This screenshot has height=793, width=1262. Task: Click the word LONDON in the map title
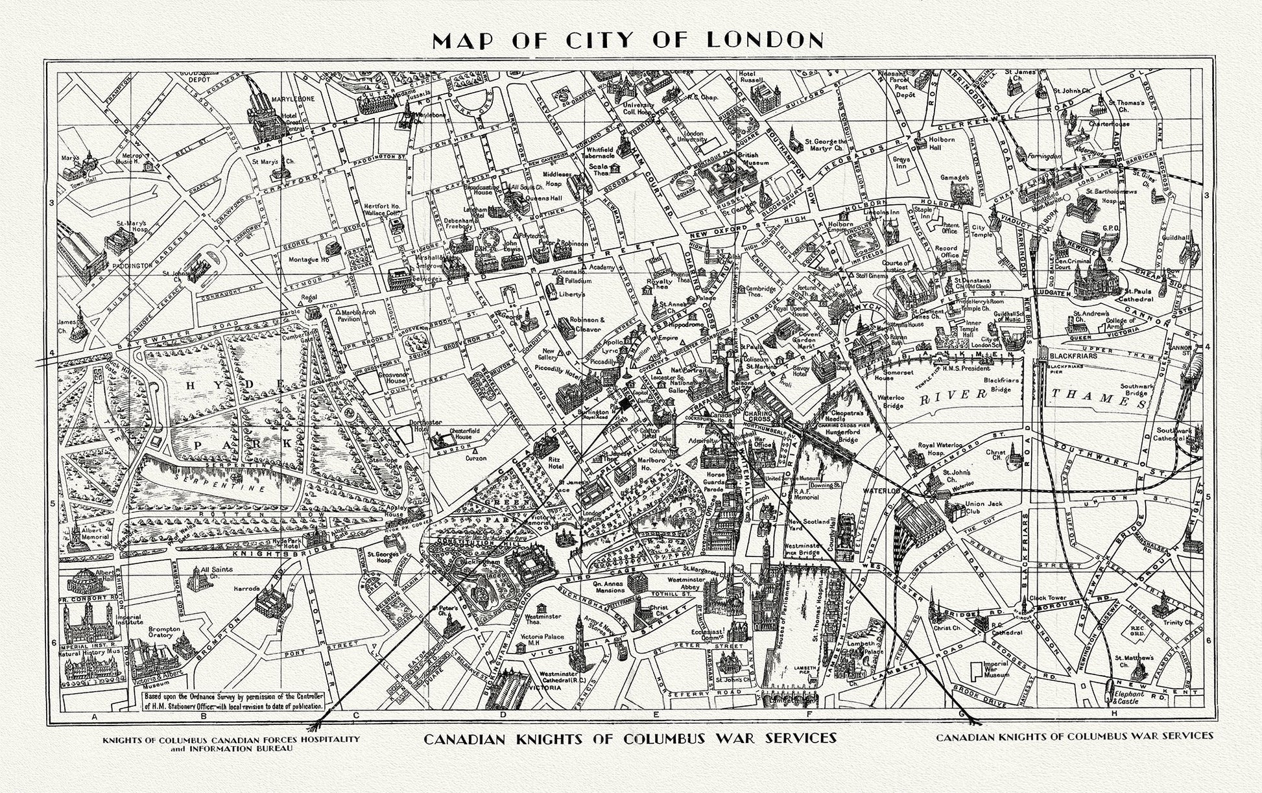click(765, 40)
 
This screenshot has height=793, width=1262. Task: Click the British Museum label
click(753, 159)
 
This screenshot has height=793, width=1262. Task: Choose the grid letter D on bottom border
click(503, 715)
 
